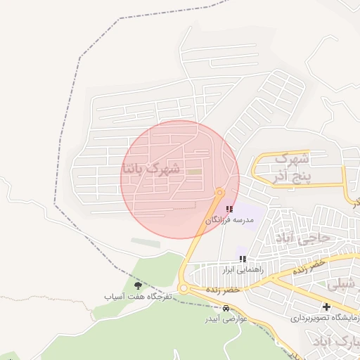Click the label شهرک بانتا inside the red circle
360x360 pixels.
click(x=151, y=169)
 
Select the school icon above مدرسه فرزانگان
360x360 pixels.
click(x=229, y=209)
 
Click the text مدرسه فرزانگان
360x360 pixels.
click(x=229, y=220)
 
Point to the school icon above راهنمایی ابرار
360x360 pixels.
click(x=243, y=259)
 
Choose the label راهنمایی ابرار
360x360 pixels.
click(x=242, y=270)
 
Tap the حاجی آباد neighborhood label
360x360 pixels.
click(x=304, y=238)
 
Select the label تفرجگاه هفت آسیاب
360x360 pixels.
click(x=138, y=297)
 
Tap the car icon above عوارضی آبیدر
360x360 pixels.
click(x=225, y=308)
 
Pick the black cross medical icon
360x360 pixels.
click(x=326, y=306)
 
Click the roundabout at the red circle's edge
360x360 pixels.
click(x=220, y=191)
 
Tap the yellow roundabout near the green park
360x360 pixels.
click(x=185, y=288)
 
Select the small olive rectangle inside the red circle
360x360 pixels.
click(x=195, y=172)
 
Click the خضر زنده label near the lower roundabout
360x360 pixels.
click(x=224, y=289)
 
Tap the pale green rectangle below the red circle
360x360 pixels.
click(x=146, y=243)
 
